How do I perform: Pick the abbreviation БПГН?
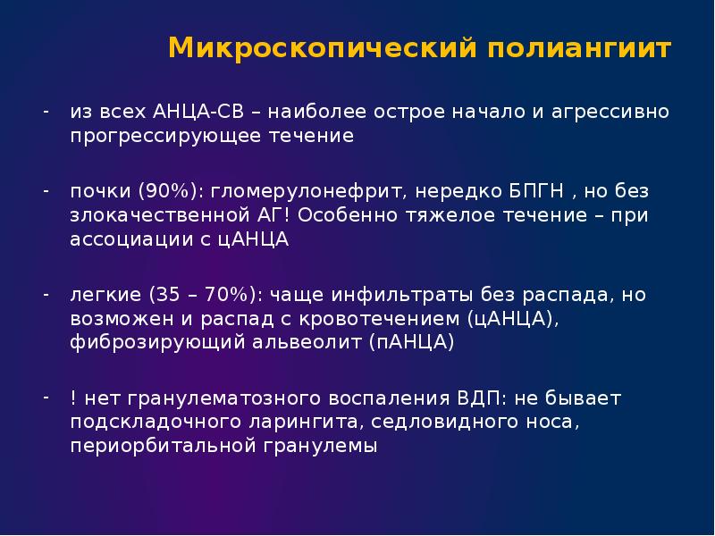coord(510,191)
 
